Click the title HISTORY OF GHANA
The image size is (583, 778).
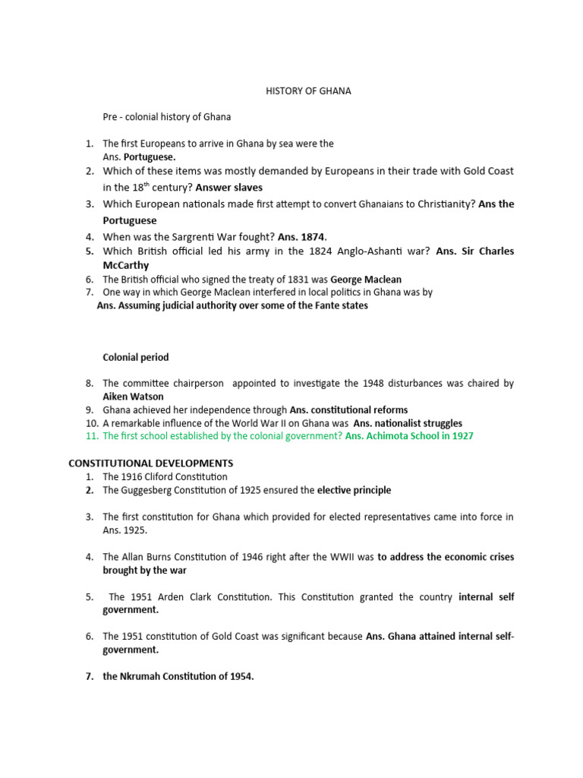click(x=308, y=91)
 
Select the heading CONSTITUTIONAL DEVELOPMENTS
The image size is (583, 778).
click(x=151, y=463)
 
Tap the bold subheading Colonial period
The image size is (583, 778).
click(x=136, y=357)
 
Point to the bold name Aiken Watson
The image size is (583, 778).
click(x=133, y=397)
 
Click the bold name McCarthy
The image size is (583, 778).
click(x=126, y=265)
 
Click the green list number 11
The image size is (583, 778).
click(x=91, y=436)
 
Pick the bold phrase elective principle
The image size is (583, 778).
click(x=354, y=490)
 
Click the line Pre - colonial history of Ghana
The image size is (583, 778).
click(x=167, y=117)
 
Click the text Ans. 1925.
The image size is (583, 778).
click(x=125, y=530)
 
